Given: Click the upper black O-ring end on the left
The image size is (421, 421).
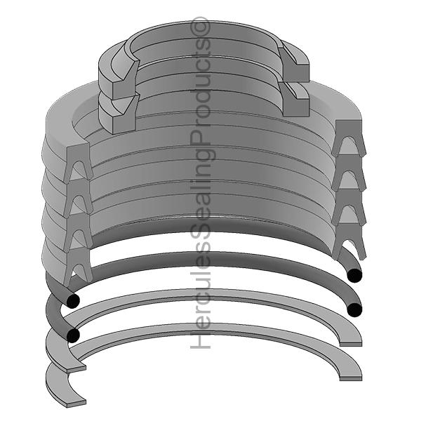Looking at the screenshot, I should click(72, 301).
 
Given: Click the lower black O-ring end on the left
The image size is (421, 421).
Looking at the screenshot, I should click(72, 336).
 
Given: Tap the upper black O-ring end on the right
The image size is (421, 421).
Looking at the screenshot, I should click(355, 274).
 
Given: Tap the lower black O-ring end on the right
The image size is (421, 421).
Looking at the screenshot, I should click(355, 309).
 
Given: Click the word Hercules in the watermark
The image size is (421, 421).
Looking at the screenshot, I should click(201, 309).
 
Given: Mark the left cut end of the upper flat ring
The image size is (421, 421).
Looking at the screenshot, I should click(79, 366).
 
